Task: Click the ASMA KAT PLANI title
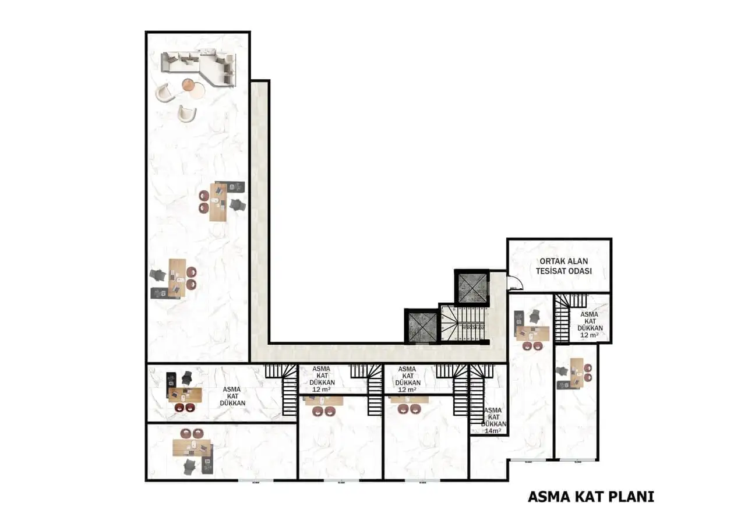[591, 497]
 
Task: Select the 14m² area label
[493, 420]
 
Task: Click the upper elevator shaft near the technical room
[471, 287]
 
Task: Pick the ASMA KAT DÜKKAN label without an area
[234, 396]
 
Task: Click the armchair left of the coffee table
[164, 92]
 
